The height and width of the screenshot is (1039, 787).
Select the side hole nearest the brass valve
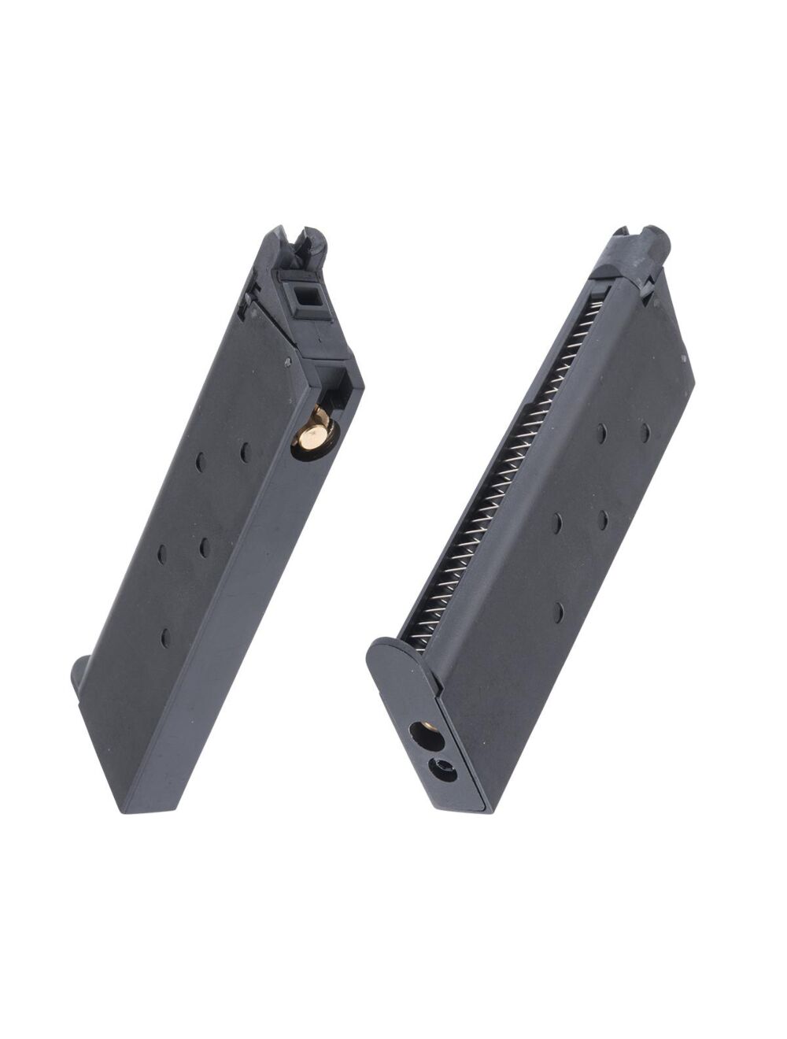pyautogui.click(x=245, y=451)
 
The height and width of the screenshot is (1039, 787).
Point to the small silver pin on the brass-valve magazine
pyautogui.click(x=286, y=363)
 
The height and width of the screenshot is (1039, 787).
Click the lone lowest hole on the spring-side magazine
pyautogui.click(x=557, y=612)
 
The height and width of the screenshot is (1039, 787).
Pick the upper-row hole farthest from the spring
pyautogui.click(x=645, y=431)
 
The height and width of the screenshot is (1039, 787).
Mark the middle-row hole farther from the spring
pyautogui.click(x=602, y=519)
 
